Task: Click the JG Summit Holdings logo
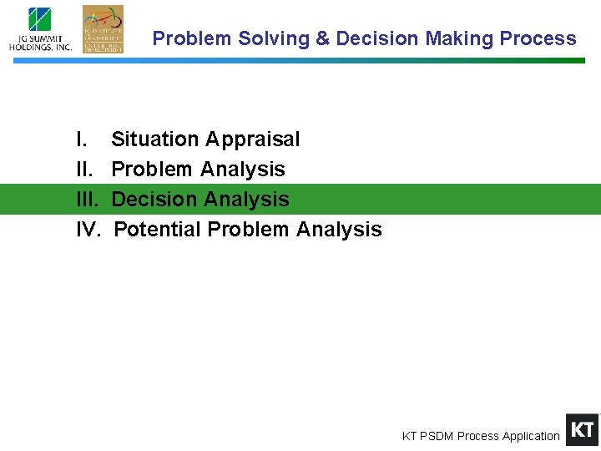[x=40, y=29]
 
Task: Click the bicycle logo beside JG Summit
[x=103, y=29]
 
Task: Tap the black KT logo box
[x=582, y=430]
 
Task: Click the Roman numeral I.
[x=80, y=139]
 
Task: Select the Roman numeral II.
[x=84, y=170]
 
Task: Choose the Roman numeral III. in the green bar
[x=88, y=200]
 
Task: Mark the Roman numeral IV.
[x=88, y=230]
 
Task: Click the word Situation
[x=155, y=139]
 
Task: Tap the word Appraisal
[x=252, y=139]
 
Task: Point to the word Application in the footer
[x=527, y=436]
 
